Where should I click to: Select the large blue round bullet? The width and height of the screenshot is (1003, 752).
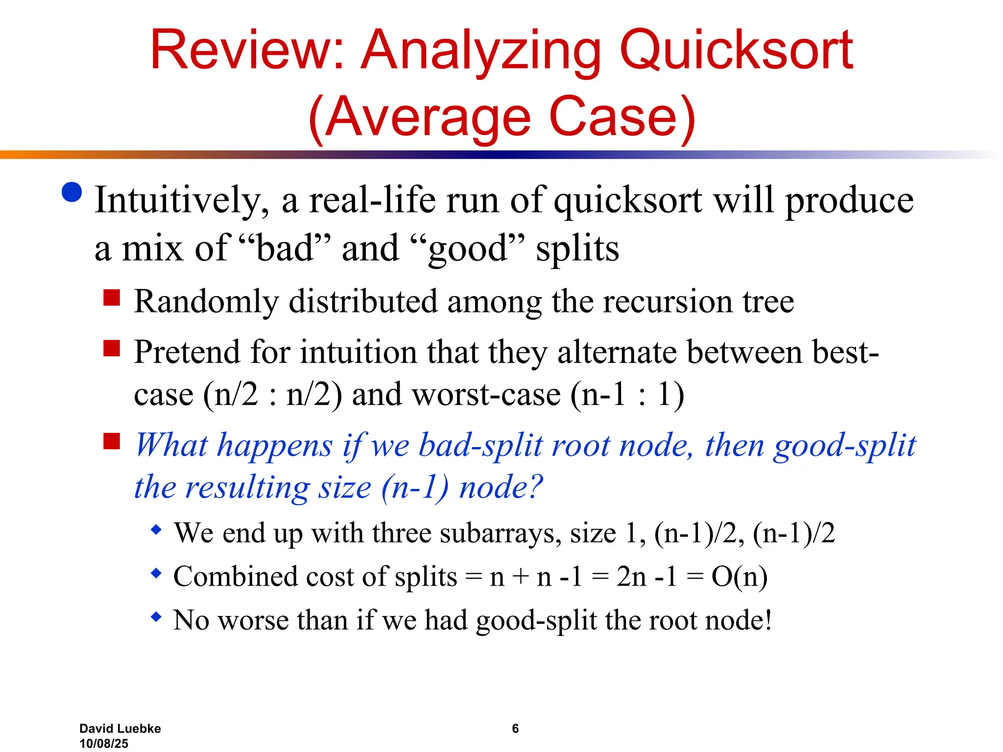pyautogui.click(x=72, y=192)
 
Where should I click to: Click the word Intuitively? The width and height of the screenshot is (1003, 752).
pyautogui.click(x=182, y=201)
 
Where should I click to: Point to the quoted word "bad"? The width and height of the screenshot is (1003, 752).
pyautogui.click(x=284, y=248)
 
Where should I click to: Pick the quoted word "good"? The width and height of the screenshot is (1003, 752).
pyautogui.click(x=468, y=249)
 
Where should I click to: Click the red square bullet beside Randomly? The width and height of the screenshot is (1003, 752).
pyautogui.click(x=112, y=297)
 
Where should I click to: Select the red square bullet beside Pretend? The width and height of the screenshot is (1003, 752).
pyautogui.click(x=112, y=348)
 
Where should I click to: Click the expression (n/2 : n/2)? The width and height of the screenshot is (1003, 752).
pyautogui.click(x=272, y=395)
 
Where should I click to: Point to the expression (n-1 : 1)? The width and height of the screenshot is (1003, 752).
pyautogui.click(x=627, y=395)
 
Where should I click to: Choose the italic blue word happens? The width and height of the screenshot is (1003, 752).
pyautogui.click(x=275, y=446)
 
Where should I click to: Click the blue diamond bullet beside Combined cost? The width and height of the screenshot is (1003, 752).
pyautogui.click(x=156, y=573)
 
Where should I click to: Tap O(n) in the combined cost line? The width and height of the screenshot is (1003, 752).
pyautogui.click(x=739, y=577)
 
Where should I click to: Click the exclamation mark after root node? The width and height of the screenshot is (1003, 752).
pyautogui.click(x=768, y=620)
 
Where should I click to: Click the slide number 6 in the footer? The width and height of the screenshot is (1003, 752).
pyautogui.click(x=515, y=728)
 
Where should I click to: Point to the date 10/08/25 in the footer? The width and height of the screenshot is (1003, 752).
pyautogui.click(x=104, y=744)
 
